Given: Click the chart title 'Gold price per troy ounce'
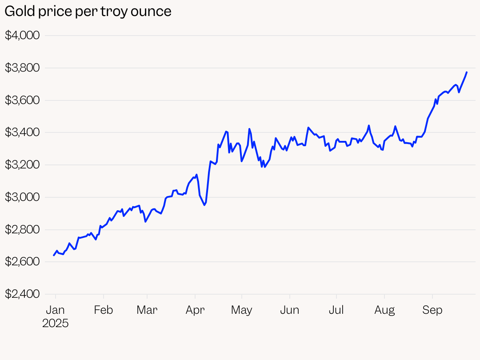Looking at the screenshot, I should point(88,12).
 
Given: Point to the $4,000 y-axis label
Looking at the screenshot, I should point(22,36).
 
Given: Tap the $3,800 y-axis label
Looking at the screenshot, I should point(22,68).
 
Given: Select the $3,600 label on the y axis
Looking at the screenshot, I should point(22,100).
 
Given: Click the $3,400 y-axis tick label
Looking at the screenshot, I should point(22,132).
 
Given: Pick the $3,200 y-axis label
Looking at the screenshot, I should point(22,165).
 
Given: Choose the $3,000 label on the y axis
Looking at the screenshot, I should point(22,197).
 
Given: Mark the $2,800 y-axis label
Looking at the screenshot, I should point(22,230).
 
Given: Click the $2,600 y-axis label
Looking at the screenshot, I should point(22,262).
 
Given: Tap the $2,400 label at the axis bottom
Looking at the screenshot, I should point(22,294).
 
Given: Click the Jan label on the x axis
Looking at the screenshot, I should point(56,310).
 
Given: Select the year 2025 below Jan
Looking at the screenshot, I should point(56,323).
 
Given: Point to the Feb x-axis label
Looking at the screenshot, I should point(104,310).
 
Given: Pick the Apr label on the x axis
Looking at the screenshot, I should point(195,310).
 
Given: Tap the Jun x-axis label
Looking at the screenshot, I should point(289,310).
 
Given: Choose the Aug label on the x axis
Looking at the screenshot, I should point(384,310).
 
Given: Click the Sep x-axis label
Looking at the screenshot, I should point(432,310).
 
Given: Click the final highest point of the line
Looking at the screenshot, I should point(466,72).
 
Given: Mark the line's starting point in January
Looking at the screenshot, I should point(54,255).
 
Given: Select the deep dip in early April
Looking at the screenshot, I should point(204,205).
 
